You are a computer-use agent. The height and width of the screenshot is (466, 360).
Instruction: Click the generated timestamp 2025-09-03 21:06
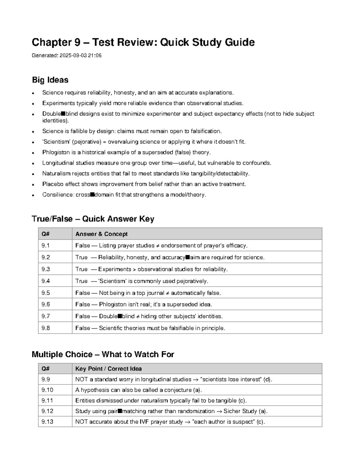point(80,56)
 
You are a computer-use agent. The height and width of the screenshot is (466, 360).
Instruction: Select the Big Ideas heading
point(50,80)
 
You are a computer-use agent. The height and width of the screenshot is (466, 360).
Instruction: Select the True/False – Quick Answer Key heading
point(93,219)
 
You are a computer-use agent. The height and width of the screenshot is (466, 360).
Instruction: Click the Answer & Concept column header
point(101,234)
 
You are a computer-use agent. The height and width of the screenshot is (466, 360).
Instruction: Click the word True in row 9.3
point(81,269)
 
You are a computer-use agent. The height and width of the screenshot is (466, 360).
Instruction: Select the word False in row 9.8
point(82,328)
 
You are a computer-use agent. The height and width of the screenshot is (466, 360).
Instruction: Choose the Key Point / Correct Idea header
point(108,368)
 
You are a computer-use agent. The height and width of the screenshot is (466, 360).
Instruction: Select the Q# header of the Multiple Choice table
point(46,368)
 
